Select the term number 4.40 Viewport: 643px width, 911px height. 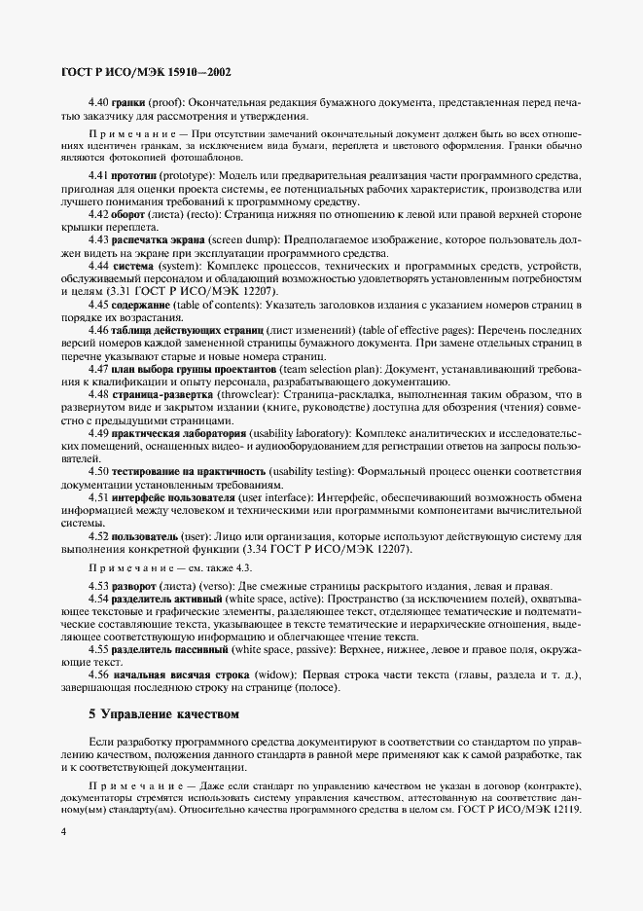pos(98,100)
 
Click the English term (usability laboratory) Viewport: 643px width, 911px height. pos(298,431)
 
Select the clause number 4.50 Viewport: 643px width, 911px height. pos(98,471)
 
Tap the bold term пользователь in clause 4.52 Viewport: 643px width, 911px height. pos(145,536)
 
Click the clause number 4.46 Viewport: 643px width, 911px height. pos(98,332)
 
